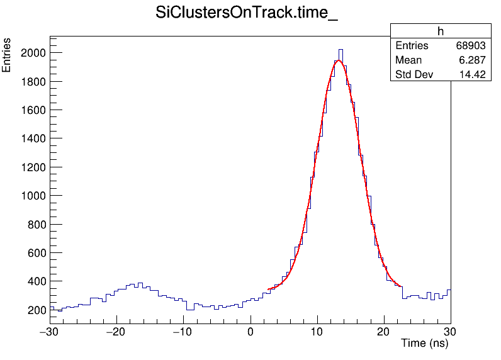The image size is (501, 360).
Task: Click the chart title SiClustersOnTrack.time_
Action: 247,13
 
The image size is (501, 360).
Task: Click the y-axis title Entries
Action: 7,55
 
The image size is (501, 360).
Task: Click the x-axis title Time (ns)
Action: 424,344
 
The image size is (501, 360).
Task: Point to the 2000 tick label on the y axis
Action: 32,53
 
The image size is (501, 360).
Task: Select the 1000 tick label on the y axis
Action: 32,196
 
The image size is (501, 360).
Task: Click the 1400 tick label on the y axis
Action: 32,138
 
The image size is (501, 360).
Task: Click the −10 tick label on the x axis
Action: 183,331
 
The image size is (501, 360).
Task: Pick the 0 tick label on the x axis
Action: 250,331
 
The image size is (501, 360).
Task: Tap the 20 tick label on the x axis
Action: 384,331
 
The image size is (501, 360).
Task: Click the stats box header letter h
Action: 441,31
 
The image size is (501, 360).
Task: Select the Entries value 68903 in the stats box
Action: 471,46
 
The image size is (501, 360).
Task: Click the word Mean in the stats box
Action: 408,60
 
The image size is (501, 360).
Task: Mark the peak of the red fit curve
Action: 339,60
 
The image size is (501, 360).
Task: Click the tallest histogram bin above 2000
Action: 341,50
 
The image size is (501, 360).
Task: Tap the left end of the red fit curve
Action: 269,289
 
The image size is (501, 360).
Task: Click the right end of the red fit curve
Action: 401,286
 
